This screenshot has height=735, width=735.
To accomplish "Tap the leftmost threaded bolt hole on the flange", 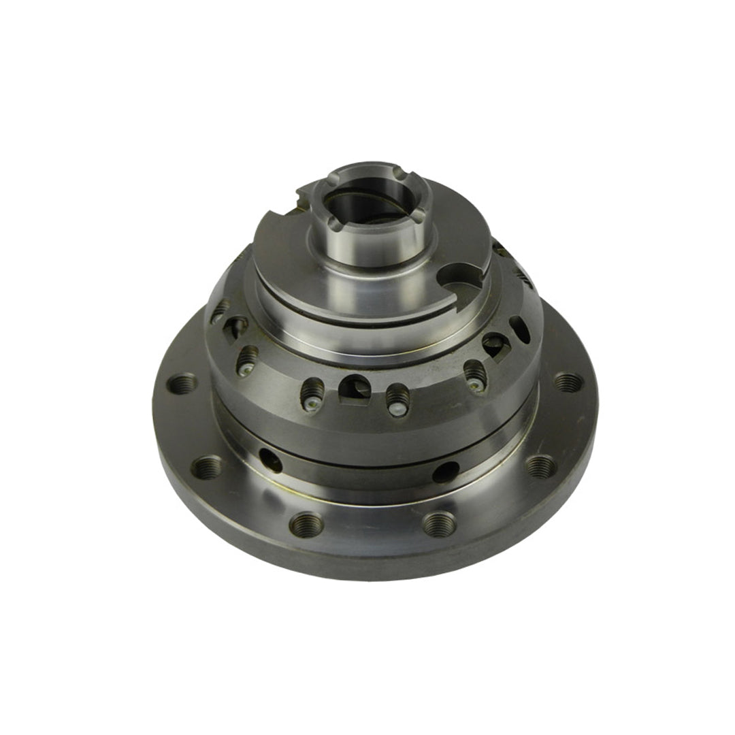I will coord(182,383).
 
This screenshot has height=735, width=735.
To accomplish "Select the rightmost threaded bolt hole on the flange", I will coord(568,382).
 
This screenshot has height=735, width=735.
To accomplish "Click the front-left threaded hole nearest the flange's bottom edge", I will coord(306,523).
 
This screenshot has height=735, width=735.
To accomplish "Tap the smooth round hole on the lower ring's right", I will coord(446,471).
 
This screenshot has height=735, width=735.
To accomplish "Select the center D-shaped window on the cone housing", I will coord(355,388).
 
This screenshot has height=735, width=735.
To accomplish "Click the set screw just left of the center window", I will coord(312,394).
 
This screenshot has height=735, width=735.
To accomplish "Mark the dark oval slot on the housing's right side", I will coord(520,329).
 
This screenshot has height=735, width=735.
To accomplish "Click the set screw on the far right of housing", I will coord(476,375).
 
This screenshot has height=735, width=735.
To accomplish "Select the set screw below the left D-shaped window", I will coord(248,359).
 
